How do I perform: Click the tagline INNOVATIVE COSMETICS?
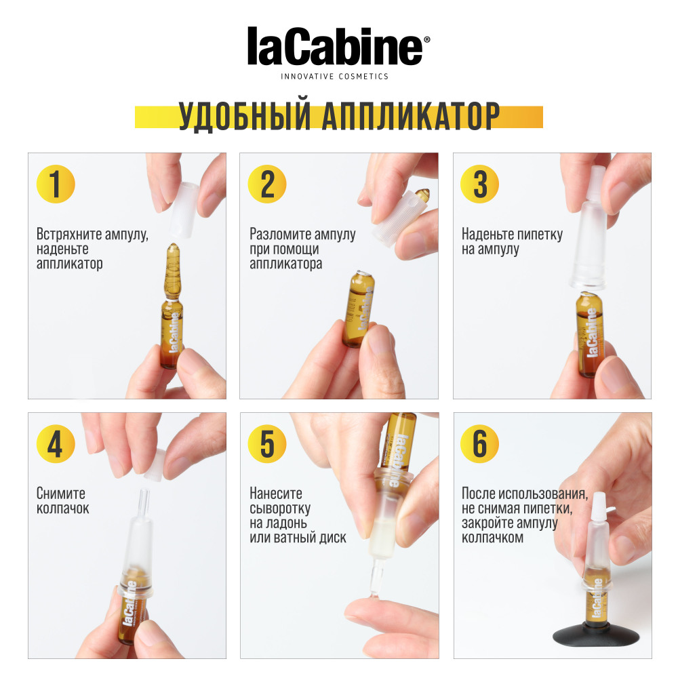[x=335, y=77]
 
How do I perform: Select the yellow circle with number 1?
[x=56, y=184]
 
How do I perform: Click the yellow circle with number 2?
[x=268, y=184]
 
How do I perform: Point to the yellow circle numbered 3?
[x=480, y=184]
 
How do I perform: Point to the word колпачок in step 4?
[x=62, y=509]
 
